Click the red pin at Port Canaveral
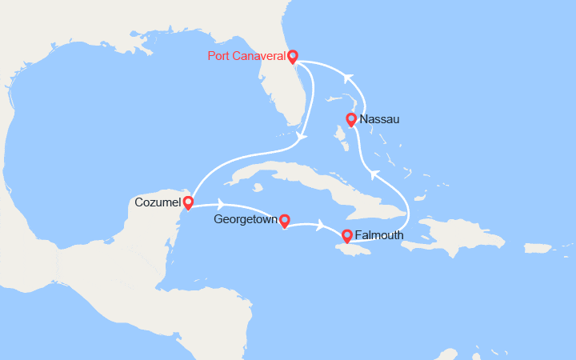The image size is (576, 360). pos(293,57)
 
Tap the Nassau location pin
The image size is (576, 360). pos(350,120)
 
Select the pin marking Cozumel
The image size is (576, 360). pos(187,202)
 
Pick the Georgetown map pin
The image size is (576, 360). pos(283,219)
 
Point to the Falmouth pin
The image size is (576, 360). pos(346,236)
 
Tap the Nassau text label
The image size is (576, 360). pos(379,120)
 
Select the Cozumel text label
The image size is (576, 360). pos(157,202)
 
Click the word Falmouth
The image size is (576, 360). pos(378,236)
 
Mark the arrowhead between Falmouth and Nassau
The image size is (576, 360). pos(373,174)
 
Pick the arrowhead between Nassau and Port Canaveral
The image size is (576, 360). pos(346,78)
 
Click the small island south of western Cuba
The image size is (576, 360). pos(258,189)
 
